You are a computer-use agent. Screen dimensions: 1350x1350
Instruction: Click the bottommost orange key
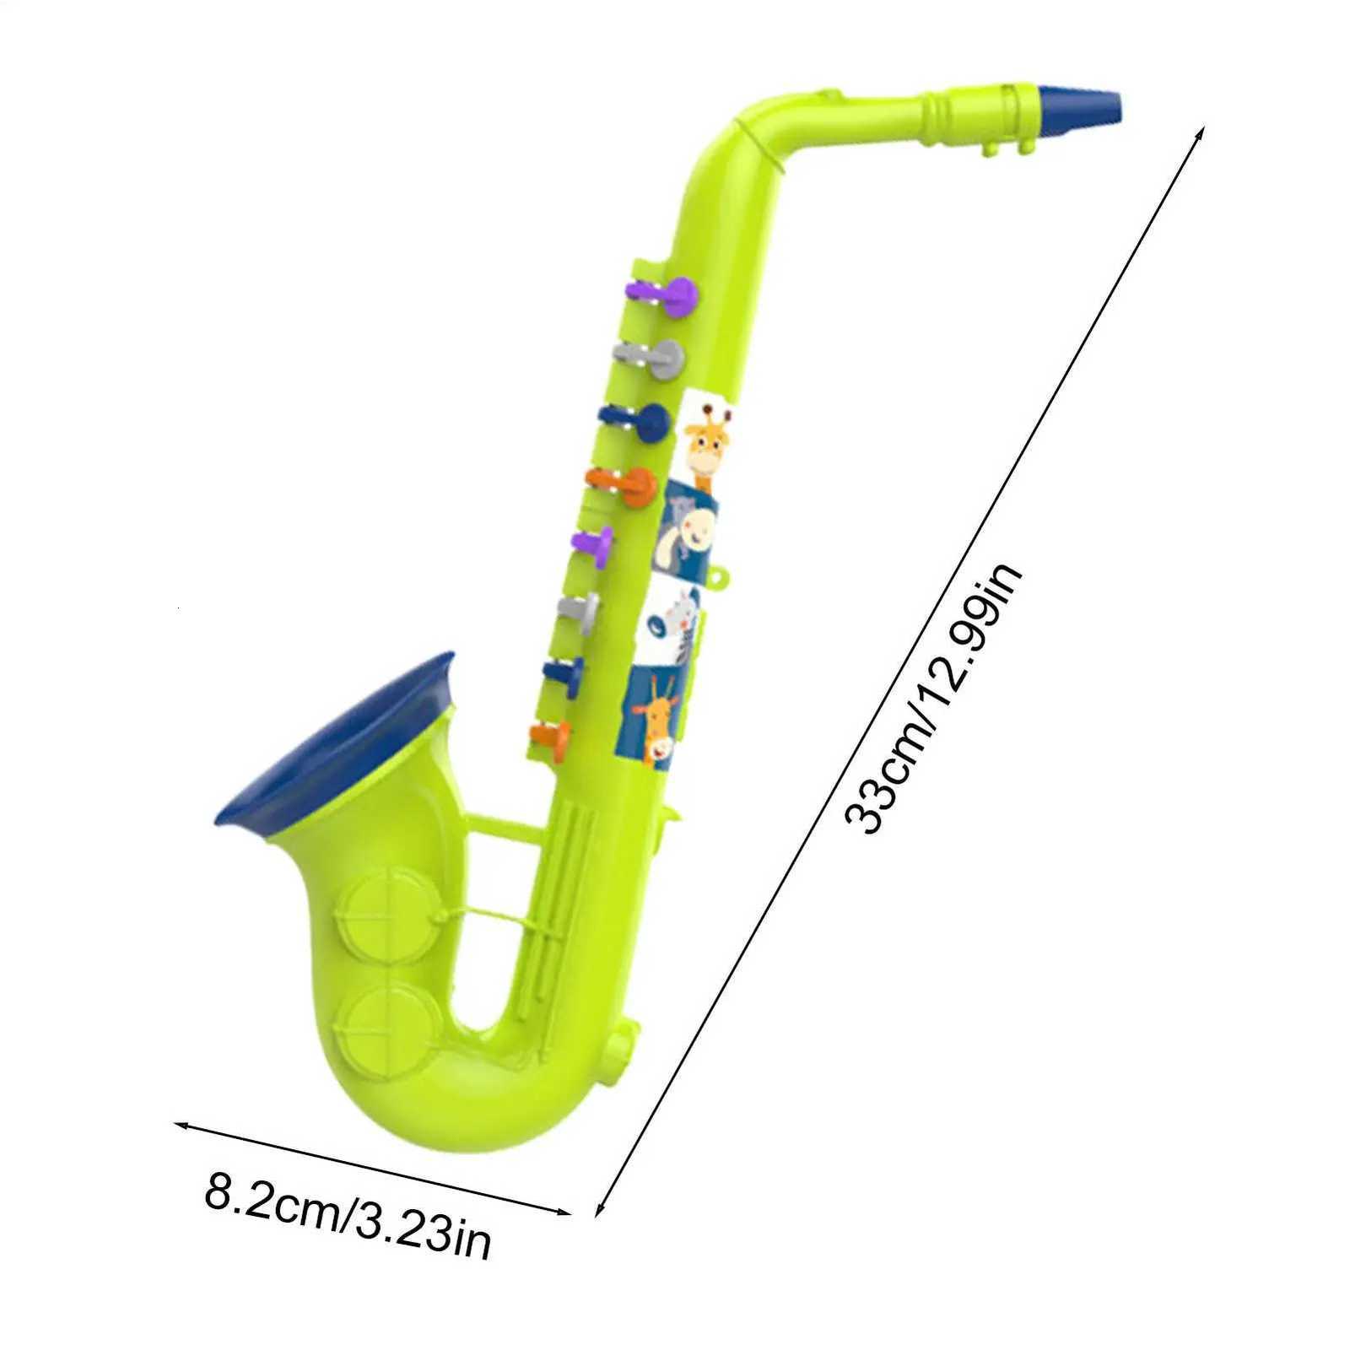[551, 737]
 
